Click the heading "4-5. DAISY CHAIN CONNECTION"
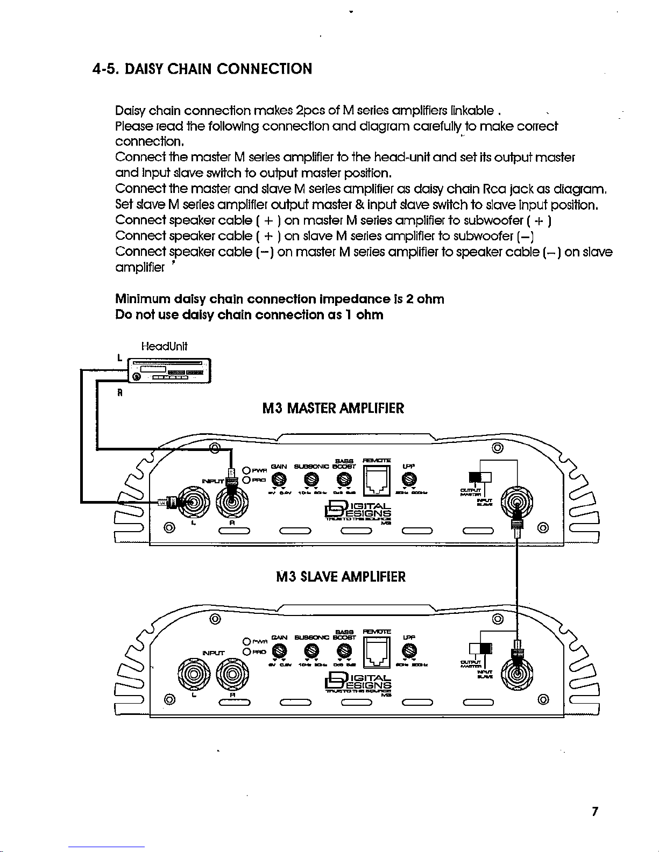click(201, 69)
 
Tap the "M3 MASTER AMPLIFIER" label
click(332, 409)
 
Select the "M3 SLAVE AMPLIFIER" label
click(340, 577)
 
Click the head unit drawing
click(168, 370)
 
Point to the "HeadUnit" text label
click(164, 347)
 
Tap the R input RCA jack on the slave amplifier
click(232, 675)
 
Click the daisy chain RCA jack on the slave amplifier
click(516, 675)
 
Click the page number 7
click(594, 811)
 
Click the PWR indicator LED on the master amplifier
click(247, 469)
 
